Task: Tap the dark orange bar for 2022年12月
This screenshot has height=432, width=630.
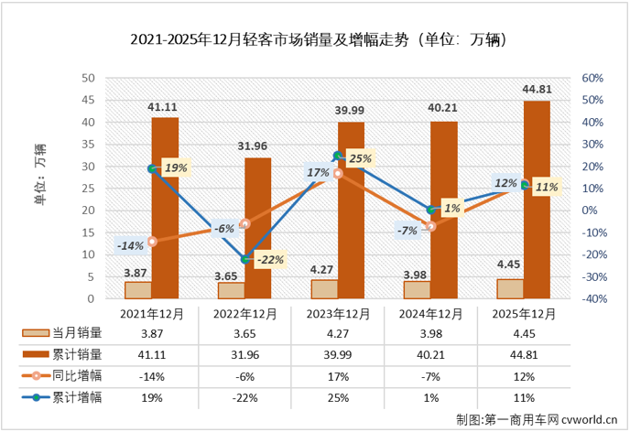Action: click(258, 229)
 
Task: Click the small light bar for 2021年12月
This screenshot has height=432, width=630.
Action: click(139, 290)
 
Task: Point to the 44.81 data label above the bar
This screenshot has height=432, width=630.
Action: click(537, 90)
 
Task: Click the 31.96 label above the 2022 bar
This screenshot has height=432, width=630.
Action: click(257, 146)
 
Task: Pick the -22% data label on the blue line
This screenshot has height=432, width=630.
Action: click(268, 260)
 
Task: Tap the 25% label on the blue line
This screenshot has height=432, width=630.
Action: click(360, 159)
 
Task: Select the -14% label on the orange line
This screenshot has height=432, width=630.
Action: click(130, 245)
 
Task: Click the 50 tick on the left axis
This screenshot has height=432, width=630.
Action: click(89, 79)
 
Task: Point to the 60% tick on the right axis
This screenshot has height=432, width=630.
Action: click(592, 79)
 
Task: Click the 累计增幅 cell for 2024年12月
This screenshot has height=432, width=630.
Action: click(430, 396)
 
